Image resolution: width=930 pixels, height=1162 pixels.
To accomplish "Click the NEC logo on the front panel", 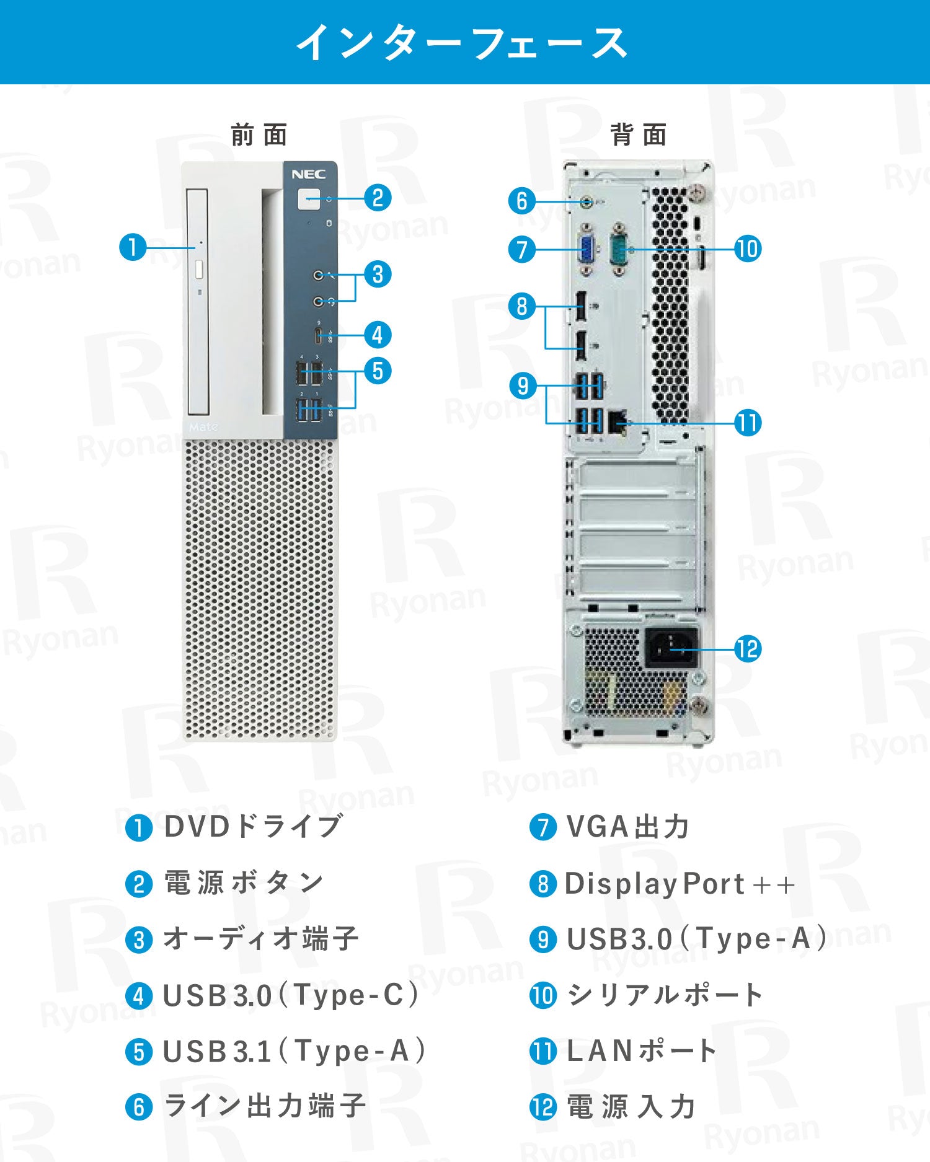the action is click(308, 175).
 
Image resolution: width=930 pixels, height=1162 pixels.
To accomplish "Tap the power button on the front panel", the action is click(309, 199).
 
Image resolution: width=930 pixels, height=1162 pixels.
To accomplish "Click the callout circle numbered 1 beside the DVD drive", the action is click(133, 247).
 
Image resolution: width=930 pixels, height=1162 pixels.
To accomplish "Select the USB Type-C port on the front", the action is click(318, 336).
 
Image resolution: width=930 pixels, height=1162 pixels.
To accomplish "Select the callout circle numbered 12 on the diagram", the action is click(747, 649).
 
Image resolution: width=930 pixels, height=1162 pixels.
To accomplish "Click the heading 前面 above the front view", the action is click(259, 134).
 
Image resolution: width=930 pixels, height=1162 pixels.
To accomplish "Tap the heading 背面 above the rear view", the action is click(639, 134).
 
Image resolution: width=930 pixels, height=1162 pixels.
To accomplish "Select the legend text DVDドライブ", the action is click(253, 825).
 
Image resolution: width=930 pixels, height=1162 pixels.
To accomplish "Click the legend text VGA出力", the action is click(627, 827).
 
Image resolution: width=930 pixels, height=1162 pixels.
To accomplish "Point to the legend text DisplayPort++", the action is click(680, 883).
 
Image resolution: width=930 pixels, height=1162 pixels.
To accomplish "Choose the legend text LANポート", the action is click(641, 1050).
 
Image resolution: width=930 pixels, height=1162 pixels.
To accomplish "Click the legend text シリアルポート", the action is click(664, 995).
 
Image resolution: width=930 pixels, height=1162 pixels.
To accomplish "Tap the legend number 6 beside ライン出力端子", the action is click(139, 1107).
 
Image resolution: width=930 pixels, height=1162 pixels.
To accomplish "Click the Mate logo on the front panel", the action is click(203, 427).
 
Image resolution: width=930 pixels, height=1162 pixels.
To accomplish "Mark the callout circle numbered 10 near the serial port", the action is click(747, 249).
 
